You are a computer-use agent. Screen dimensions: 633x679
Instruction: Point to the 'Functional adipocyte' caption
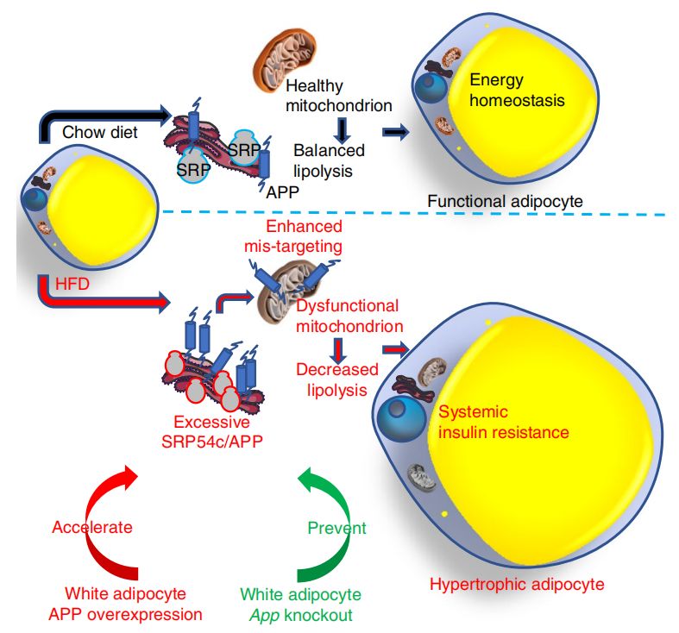505,201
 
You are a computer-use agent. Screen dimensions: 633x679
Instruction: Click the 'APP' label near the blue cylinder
283,192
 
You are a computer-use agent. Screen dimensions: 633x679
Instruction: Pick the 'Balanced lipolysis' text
328,160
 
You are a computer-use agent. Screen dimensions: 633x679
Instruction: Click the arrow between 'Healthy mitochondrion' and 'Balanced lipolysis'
343,129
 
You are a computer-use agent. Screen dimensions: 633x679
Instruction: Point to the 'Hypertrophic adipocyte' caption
517,585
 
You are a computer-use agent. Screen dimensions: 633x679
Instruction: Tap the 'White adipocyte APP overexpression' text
134,604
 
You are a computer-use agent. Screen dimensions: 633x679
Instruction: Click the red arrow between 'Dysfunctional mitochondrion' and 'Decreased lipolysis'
337,348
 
